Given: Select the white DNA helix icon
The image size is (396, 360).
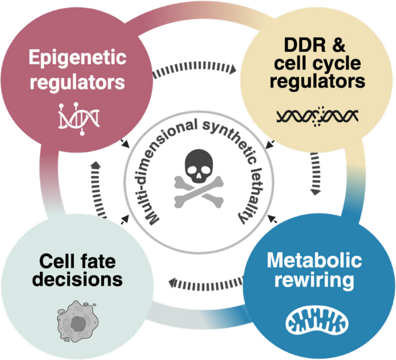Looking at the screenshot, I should tap(80, 117).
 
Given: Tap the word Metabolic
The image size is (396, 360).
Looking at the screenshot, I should tap(314, 261).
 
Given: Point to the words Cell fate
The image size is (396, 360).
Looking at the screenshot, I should tap(77, 261).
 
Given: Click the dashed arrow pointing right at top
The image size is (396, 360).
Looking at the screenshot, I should tap(195, 69).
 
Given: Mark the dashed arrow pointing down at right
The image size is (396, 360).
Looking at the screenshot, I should tap(316, 172).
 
